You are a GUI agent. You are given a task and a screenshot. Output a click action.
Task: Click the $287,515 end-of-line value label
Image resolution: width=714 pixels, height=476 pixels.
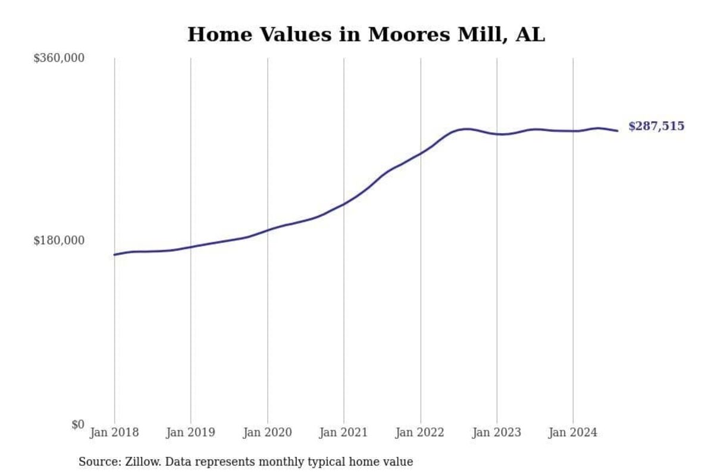pos(656,126)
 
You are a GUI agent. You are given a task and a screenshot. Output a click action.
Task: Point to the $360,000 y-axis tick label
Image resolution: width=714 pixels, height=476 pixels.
pos(59,58)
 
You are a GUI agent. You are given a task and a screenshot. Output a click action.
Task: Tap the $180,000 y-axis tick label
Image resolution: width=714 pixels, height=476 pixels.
pos(59,240)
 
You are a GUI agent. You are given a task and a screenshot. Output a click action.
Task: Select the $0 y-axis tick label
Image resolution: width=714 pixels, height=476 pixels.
pos(78,424)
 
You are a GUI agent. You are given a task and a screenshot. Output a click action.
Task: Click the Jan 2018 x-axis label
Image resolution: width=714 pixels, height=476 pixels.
pos(114,433)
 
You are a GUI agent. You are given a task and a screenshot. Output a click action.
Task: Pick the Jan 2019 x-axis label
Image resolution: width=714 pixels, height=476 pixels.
pos(191,433)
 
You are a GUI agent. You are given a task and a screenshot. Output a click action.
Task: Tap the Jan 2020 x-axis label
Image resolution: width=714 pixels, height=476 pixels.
pos(267,433)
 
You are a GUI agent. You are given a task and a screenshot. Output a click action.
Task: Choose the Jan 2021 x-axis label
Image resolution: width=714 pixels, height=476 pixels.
pos(344,433)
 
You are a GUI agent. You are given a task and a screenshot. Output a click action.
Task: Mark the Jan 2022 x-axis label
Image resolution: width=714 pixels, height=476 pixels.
pos(421,433)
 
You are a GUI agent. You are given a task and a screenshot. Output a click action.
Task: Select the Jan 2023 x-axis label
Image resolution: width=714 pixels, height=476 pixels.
pos(497,433)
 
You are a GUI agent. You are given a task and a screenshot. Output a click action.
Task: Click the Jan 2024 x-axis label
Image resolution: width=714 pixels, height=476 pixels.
pos(573,433)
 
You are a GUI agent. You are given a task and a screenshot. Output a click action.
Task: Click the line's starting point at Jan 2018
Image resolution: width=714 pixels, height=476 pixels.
pos(114,255)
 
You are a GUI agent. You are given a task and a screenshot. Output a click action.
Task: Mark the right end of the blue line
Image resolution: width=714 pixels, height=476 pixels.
pos(618,131)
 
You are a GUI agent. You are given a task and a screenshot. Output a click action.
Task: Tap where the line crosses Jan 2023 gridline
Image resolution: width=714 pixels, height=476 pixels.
pos(497,134)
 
